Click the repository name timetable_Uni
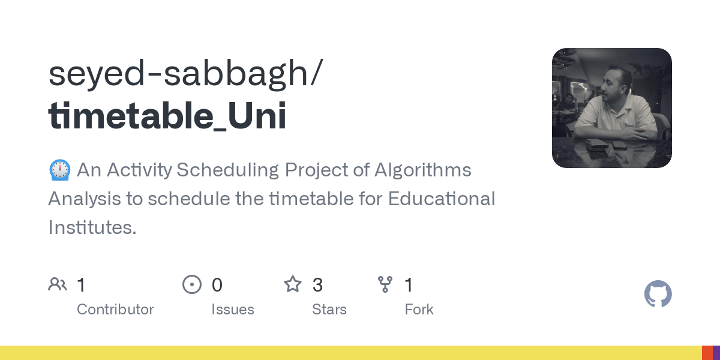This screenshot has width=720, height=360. tap(167, 116)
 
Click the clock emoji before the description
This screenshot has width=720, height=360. tap(59, 170)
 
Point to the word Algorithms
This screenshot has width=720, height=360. tap(423, 170)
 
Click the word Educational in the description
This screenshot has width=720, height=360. tap(442, 199)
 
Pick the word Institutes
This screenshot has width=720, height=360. tap(92, 227)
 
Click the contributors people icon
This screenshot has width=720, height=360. tap(58, 284)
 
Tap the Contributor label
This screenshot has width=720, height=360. tap(115, 310)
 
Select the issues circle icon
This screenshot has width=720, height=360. tap(192, 284)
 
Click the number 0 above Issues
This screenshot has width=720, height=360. tap(217, 285)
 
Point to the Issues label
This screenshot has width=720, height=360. tap(233, 310)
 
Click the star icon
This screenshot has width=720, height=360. tap(293, 284)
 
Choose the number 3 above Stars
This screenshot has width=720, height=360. tap(318, 285)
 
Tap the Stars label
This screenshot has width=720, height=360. tap(329, 310)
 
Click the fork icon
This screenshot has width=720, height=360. tap(385, 284)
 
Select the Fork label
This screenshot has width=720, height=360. tap(419, 310)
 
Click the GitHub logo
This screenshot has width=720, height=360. tap(658, 294)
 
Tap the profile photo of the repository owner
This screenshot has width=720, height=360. tap(611, 108)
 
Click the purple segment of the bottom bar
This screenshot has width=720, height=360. tap(716, 353)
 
